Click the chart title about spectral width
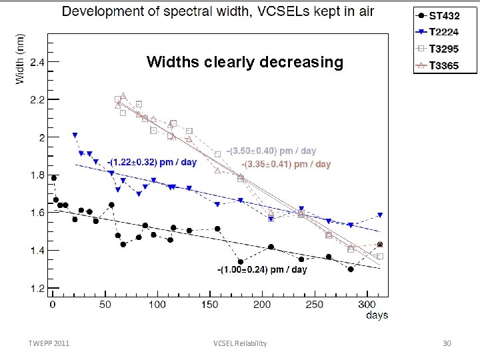(218, 11)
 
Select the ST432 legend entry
(444, 15)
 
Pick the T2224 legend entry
(444, 31)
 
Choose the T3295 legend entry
(444, 49)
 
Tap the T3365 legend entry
(444, 65)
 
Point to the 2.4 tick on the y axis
(37, 63)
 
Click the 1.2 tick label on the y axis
(37, 289)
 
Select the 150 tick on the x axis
(209, 305)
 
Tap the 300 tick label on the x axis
(366, 305)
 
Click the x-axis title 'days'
(377, 315)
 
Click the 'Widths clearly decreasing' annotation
(245, 63)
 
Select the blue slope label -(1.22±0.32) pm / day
(152, 163)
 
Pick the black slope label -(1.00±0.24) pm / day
(262, 270)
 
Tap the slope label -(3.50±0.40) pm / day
(271, 151)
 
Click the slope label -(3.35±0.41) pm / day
(285, 164)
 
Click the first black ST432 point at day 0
(54, 178)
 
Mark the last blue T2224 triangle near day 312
(380, 215)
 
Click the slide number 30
(447, 343)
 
